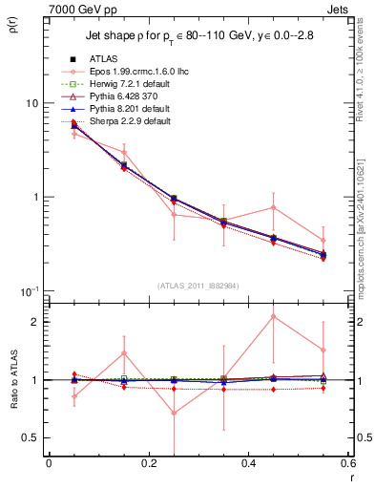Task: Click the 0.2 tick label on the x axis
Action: coord(148,463)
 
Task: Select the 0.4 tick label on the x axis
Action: coord(248,463)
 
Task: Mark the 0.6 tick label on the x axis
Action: coord(345,463)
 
